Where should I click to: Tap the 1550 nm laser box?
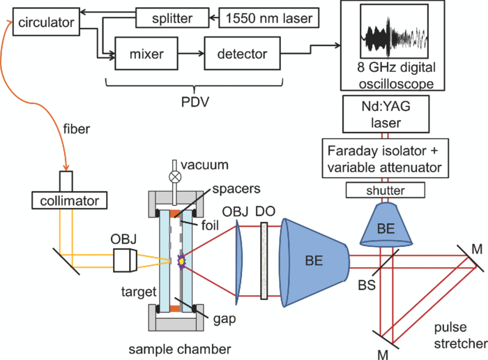tap(266, 17)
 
